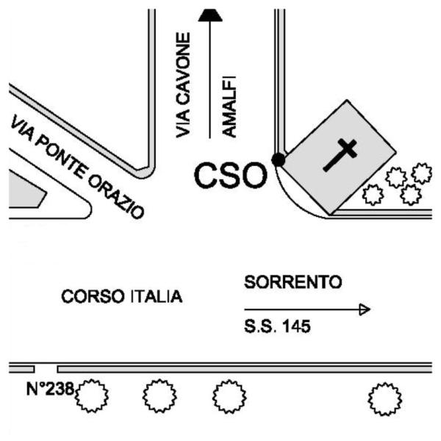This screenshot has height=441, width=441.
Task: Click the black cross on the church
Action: coord(340,155)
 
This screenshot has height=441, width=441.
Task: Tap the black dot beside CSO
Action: coord(278,159)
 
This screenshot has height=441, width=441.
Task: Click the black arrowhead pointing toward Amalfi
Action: coord(211,14)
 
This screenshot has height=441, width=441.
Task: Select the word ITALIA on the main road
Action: coord(155,297)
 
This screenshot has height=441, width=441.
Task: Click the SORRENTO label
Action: coord(293,282)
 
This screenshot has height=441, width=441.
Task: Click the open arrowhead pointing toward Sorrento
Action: coord(363,309)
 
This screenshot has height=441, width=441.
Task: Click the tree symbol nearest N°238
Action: coord(93,398)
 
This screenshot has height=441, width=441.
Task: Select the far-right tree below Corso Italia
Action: coord(384,399)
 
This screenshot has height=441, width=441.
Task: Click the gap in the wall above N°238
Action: coord(46,367)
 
